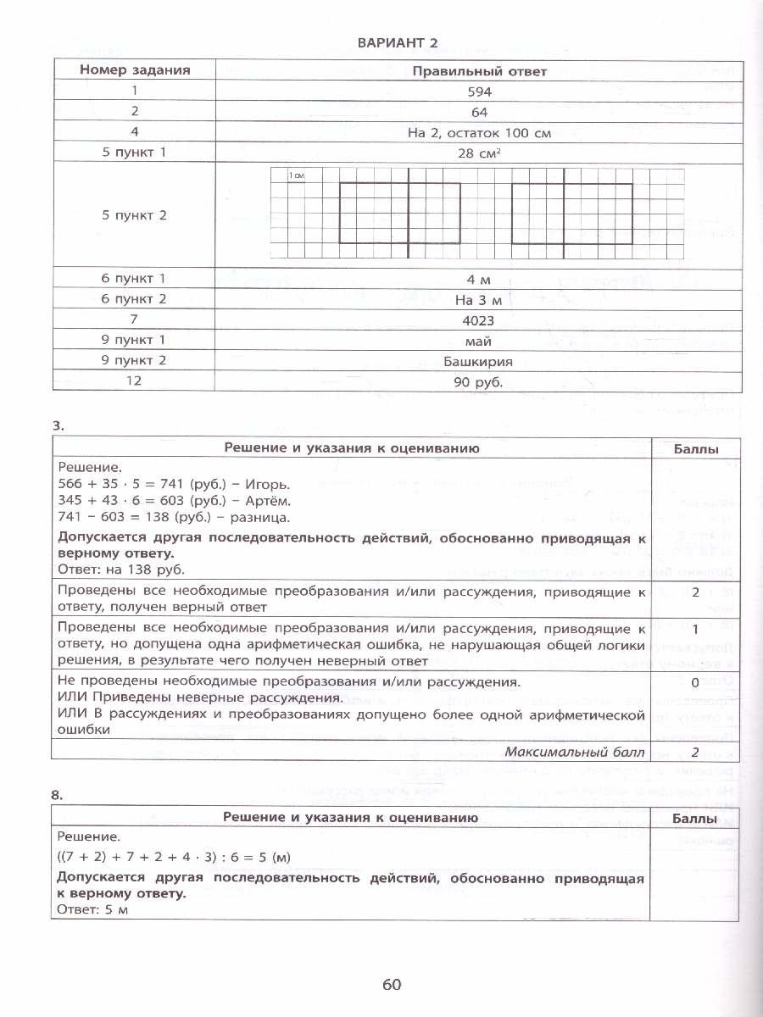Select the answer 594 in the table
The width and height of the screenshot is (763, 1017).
(x=479, y=92)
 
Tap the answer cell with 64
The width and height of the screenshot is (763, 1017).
(x=479, y=112)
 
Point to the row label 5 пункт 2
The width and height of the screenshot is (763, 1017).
(x=134, y=215)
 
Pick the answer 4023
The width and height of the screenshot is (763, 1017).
(x=479, y=320)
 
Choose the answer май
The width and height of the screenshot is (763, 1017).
(x=479, y=341)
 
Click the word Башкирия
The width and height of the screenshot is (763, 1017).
(x=479, y=361)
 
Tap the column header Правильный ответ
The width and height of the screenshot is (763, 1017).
(x=479, y=72)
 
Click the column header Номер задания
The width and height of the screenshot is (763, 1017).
(x=134, y=71)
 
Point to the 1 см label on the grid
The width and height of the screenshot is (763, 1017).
(x=296, y=175)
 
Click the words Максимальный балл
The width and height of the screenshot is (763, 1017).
(x=574, y=752)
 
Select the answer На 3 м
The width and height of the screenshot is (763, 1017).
(x=479, y=300)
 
